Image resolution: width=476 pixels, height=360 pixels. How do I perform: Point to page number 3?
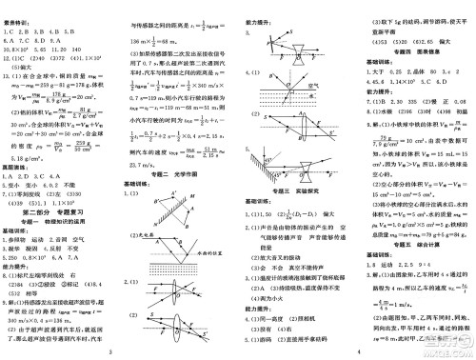click(x=111, y=353)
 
